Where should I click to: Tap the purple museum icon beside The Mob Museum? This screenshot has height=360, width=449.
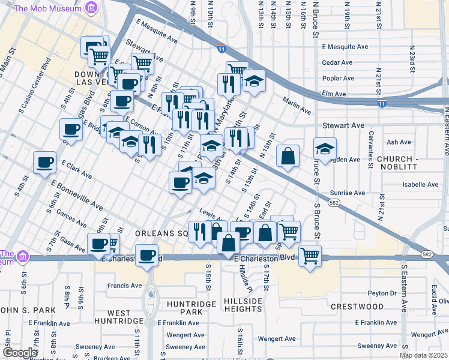(91, 8)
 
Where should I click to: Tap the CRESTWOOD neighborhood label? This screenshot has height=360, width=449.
(357, 307)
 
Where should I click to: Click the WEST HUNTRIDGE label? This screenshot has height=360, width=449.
(128, 317)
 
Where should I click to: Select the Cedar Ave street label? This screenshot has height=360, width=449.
(337, 62)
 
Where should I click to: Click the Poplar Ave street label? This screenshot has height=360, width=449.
(338, 78)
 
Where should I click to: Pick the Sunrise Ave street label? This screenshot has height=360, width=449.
(347, 193)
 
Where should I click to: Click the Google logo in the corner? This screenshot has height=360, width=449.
(19, 353)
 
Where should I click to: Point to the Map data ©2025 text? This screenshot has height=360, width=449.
(424, 355)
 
